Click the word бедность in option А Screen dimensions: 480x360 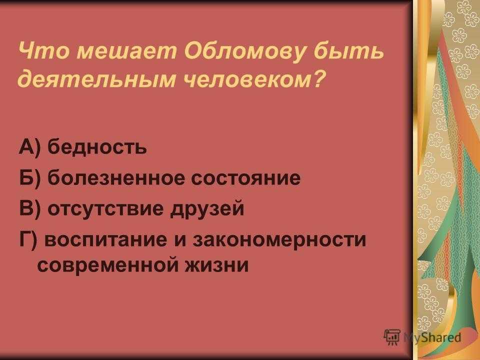[97, 146]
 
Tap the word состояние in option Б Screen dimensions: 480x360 [246, 178]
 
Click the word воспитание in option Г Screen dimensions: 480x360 [106, 239]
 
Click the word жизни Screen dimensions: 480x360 [216, 265]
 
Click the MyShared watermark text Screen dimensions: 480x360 [432, 337]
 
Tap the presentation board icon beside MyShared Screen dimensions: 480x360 [392, 337]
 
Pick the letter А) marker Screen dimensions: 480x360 [29, 146]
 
